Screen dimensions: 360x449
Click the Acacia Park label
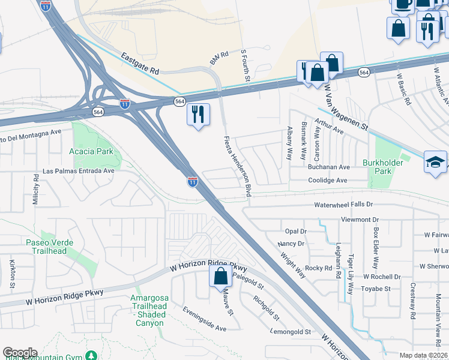click(91, 152)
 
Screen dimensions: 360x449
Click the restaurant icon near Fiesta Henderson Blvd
click(198, 113)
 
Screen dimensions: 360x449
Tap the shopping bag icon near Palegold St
click(220, 277)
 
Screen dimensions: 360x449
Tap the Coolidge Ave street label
click(328, 180)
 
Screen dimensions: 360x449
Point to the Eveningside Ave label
click(205, 319)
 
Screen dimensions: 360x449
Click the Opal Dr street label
click(295, 231)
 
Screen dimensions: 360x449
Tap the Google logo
click(20, 352)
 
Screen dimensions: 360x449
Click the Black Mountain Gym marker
click(91, 356)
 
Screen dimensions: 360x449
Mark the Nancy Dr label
click(291, 244)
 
